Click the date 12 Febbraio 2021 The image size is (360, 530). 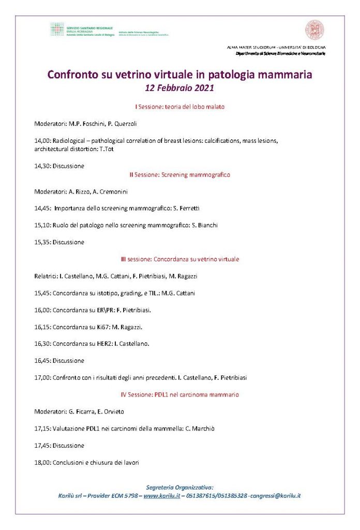[179, 88]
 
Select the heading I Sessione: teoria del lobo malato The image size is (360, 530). [179, 107]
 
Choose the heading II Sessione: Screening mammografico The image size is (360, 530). [179, 175]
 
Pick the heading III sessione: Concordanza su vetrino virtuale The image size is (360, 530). [179, 259]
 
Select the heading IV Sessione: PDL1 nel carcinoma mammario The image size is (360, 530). [179, 394]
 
